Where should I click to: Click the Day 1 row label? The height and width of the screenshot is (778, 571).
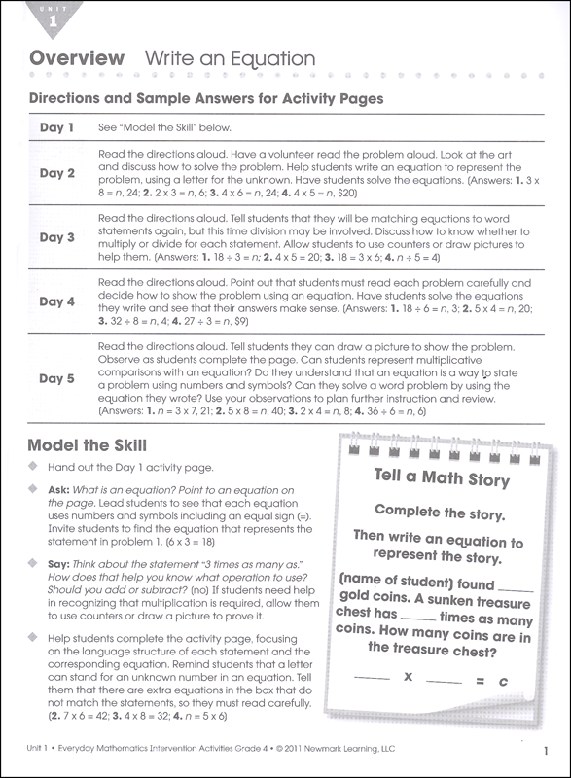tap(57, 128)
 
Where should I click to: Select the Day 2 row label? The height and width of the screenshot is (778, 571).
tap(57, 174)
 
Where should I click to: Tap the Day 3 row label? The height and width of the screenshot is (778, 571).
tap(57, 237)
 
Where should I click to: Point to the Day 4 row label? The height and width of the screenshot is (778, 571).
tap(57, 301)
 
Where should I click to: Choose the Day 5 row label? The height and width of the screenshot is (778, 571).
tap(57, 379)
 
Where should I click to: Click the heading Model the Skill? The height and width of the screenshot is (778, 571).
tap(88, 445)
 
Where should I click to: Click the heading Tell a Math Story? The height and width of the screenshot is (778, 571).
tap(442, 479)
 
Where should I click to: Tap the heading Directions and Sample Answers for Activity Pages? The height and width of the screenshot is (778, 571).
tap(206, 98)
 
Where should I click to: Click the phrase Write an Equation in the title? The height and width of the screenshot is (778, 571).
tap(231, 59)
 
